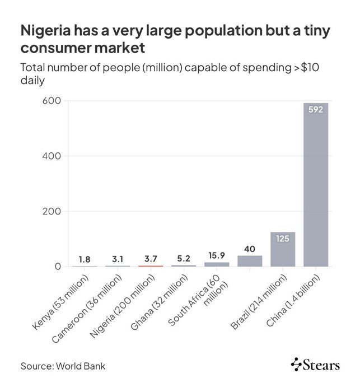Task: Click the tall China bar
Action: (316, 185)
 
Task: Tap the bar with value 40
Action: (250, 261)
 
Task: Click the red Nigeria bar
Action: (151, 265)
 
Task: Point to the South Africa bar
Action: (217, 264)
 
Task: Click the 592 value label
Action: (316, 109)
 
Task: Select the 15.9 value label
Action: (217, 255)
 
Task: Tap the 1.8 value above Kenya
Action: (85, 259)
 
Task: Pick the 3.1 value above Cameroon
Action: (118, 259)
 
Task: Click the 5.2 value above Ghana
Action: (184, 259)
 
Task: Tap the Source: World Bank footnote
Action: (63, 366)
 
